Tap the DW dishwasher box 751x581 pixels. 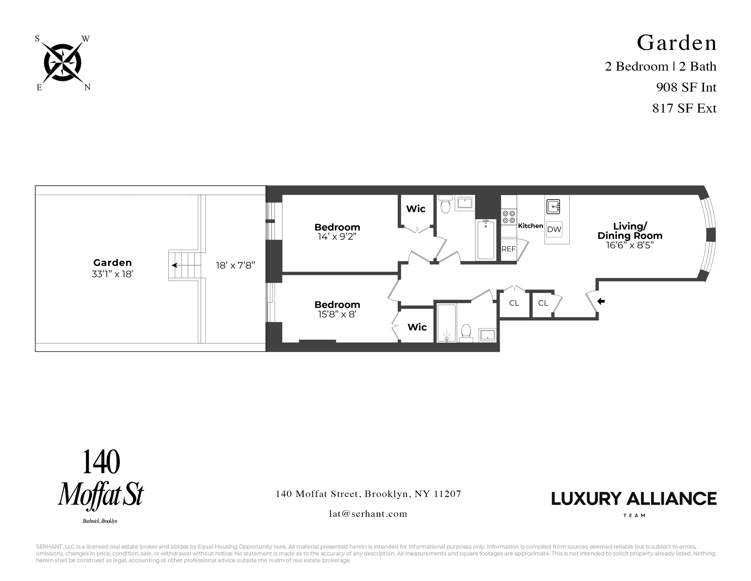coord(554,229)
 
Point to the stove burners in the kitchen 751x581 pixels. coord(509,217)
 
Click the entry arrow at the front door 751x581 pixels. coord(601,301)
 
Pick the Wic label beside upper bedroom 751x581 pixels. coord(416,209)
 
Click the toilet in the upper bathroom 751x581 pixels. coord(446,205)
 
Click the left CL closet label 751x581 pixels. coord(514,303)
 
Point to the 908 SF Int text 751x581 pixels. coord(686,87)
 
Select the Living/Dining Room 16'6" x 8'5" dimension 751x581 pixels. coord(630,245)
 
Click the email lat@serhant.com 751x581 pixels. coord(368,514)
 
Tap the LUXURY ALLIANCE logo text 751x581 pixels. coord(634,499)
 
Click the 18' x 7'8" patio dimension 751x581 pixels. coord(235,265)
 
